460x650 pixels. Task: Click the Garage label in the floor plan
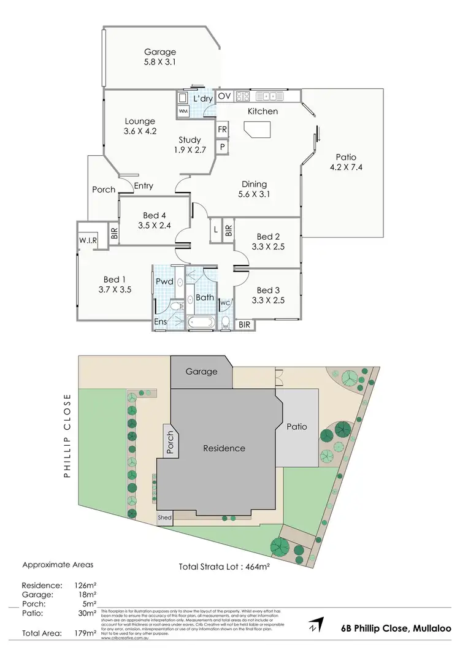(160, 52)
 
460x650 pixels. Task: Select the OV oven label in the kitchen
(224, 96)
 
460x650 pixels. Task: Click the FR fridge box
(222, 130)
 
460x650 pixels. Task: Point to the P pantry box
(222, 147)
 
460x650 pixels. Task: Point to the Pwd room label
(164, 281)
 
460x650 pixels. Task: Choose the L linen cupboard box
(215, 230)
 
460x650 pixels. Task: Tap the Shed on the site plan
(164, 518)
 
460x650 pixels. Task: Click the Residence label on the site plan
(224, 448)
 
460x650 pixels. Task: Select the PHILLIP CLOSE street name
(67, 437)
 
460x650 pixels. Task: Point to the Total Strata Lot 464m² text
(224, 567)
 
